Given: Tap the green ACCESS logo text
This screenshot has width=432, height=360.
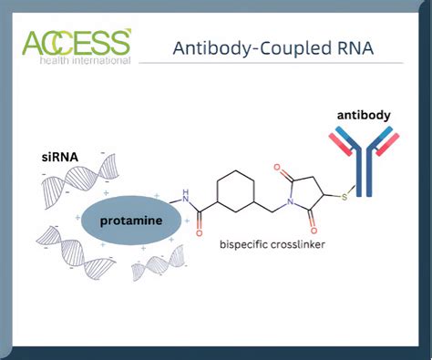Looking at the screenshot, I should pyautogui.click(x=77, y=42).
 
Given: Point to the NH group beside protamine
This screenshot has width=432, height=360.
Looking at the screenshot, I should pyautogui.click(x=188, y=194).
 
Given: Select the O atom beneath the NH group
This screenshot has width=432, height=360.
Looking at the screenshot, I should pyautogui.click(x=200, y=232).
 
